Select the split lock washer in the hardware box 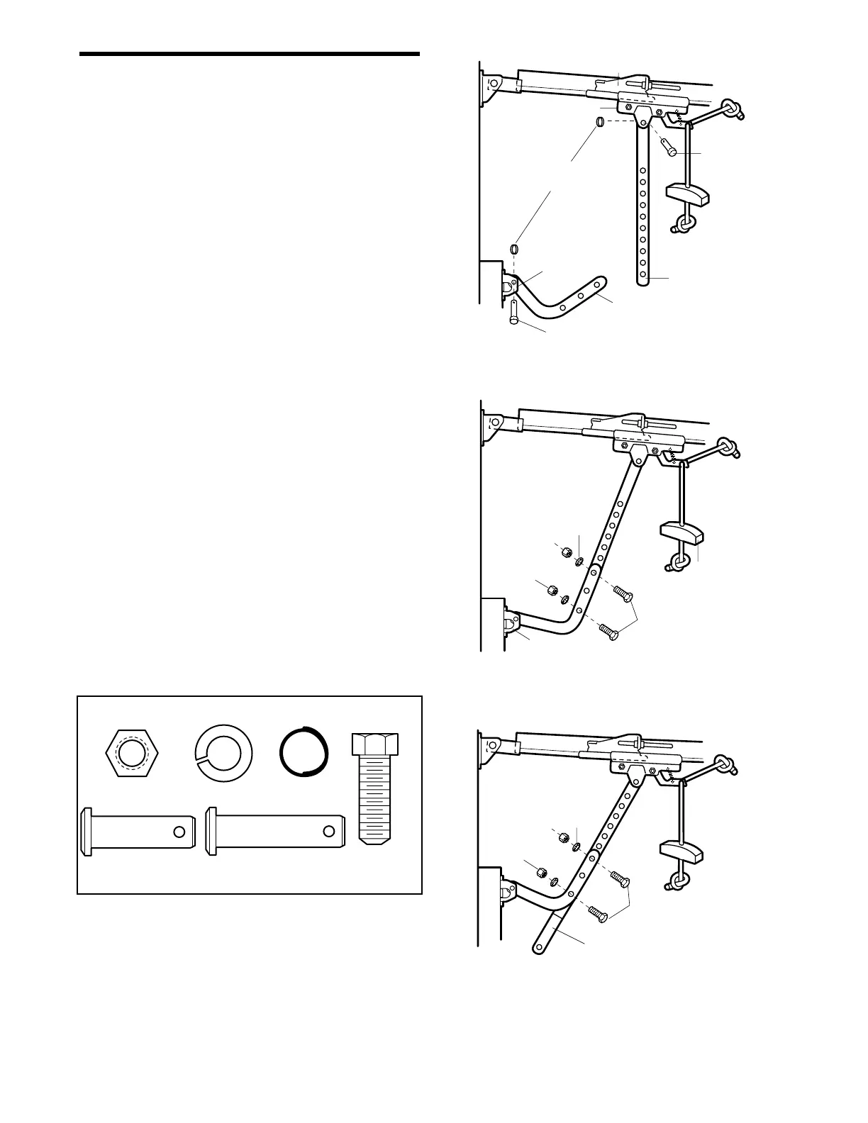[x=223, y=754]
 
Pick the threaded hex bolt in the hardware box [x=376, y=787]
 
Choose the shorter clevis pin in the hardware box [x=139, y=832]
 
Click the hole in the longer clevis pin [x=329, y=832]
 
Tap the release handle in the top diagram [x=687, y=192]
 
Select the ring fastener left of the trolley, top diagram [x=599, y=123]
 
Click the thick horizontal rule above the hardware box [x=250, y=54]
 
